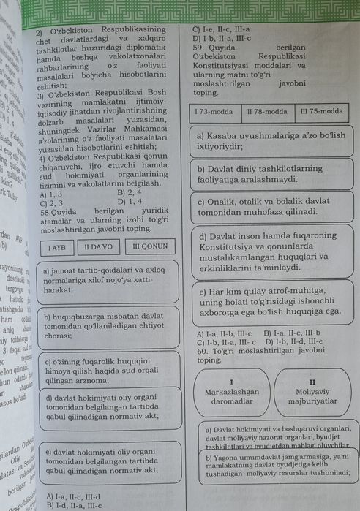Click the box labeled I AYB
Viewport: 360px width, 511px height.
pos(57,247)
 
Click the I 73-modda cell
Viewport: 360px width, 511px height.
pos(214,112)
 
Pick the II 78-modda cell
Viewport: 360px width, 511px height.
pos(267,112)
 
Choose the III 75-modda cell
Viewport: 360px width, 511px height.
pos(321,112)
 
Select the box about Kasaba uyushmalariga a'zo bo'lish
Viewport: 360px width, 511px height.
pos(268,140)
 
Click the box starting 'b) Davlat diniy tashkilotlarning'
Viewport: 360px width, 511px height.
pos(268,173)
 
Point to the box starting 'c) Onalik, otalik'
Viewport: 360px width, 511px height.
pos(268,206)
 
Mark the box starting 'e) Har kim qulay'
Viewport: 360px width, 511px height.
pos(268,301)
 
